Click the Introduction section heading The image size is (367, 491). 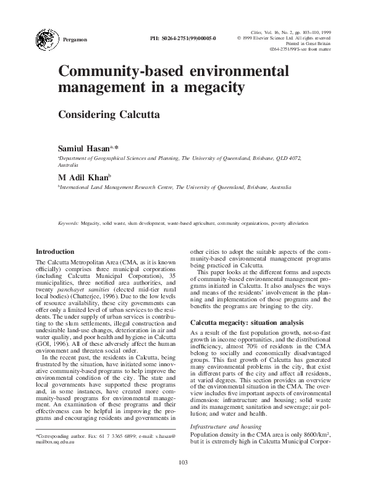(x=56, y=252)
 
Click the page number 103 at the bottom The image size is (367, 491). (x=183, y=479)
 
